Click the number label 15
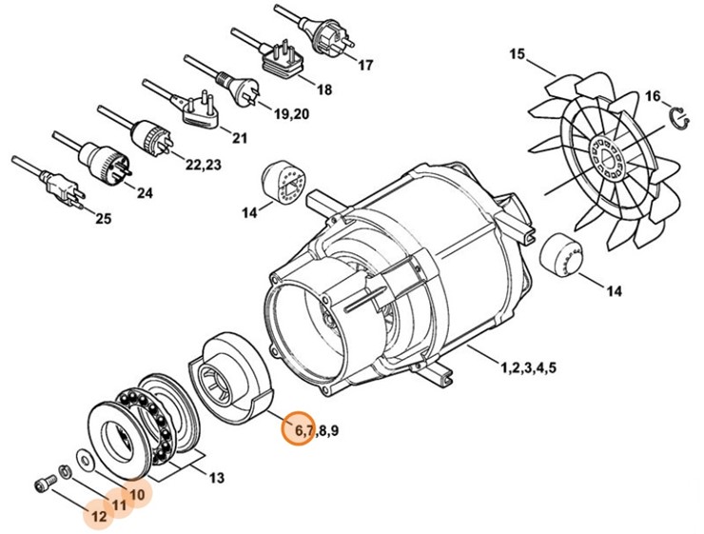coord(518,55)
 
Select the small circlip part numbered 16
coord(677,118)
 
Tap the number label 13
coord(217,477)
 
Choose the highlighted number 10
coord(138,494)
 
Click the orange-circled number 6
coord(298,430)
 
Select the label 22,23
coord(204,165)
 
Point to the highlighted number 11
coord(118,505)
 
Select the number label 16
coord(652,95)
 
